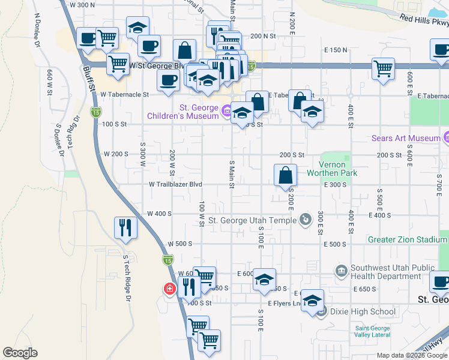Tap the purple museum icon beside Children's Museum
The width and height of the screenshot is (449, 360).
tap(226, 110)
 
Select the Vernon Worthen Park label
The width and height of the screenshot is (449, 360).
tap(332, 169)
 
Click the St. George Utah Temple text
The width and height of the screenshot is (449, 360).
tap(252, 220)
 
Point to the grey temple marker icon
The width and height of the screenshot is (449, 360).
tap(306, 220)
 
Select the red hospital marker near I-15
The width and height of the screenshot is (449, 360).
tap(170, 290)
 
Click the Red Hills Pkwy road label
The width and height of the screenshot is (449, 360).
tap(424, 22)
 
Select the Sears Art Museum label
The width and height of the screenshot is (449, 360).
tap(406, 138)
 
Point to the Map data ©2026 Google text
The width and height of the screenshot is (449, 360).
tap(412, 355)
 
